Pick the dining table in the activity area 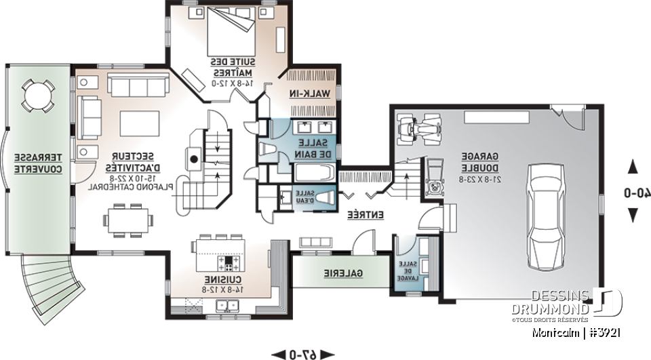(x=128, y=220)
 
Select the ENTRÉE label (x=366, y=215)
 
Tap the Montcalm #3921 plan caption (x=576, y=333)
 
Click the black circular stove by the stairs (x=194, y=159)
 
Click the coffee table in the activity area (x=139, y=123)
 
